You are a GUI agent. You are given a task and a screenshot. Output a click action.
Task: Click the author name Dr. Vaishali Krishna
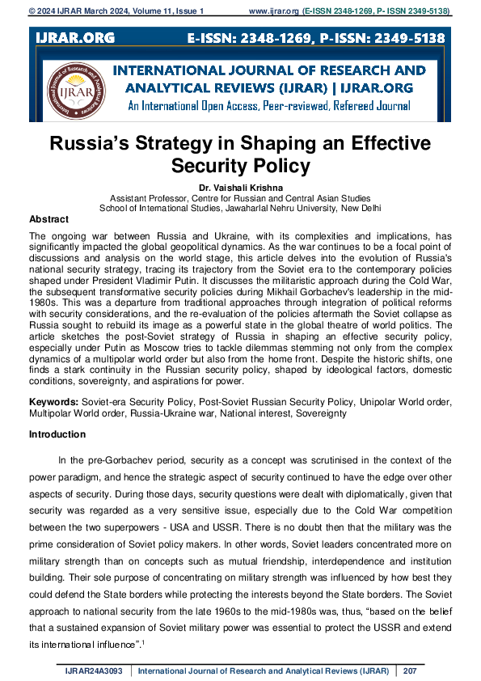[240, 188]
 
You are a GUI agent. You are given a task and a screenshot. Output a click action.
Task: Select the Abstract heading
[49, 219]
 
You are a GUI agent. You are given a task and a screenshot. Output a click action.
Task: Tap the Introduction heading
[57, 434]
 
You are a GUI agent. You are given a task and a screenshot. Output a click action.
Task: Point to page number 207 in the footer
[409, 670]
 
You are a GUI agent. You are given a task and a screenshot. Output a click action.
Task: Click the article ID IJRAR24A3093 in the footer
[95, 670]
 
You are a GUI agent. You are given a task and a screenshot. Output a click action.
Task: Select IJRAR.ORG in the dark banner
[74, 38]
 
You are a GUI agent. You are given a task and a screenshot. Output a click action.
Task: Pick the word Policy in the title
[279, 167]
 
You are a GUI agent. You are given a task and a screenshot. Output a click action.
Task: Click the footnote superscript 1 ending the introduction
[144, 641]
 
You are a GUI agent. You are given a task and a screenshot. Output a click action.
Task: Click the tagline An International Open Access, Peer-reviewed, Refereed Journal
[268, 106]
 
